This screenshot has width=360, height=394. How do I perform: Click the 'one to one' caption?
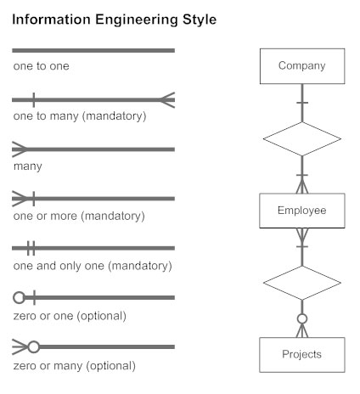tap(42, 65)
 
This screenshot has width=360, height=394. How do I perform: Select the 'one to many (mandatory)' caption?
tap(80, 115)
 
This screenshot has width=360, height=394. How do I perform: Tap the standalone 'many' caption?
tap(28, 166)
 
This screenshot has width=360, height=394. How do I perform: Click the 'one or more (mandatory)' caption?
tap(79, 216)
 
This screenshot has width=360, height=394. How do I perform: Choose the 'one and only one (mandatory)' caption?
tap(93, 266)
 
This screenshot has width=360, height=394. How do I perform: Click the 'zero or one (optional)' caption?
tap(70, 316)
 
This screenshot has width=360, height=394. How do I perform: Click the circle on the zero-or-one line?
tap(19, 298)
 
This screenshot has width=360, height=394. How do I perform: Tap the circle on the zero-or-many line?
tap(34, 347)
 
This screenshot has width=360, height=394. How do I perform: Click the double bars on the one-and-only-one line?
tap(31, 248)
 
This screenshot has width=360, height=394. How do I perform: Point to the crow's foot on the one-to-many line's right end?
tap(167, 99)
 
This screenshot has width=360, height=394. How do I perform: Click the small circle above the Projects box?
tap(301, 320)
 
